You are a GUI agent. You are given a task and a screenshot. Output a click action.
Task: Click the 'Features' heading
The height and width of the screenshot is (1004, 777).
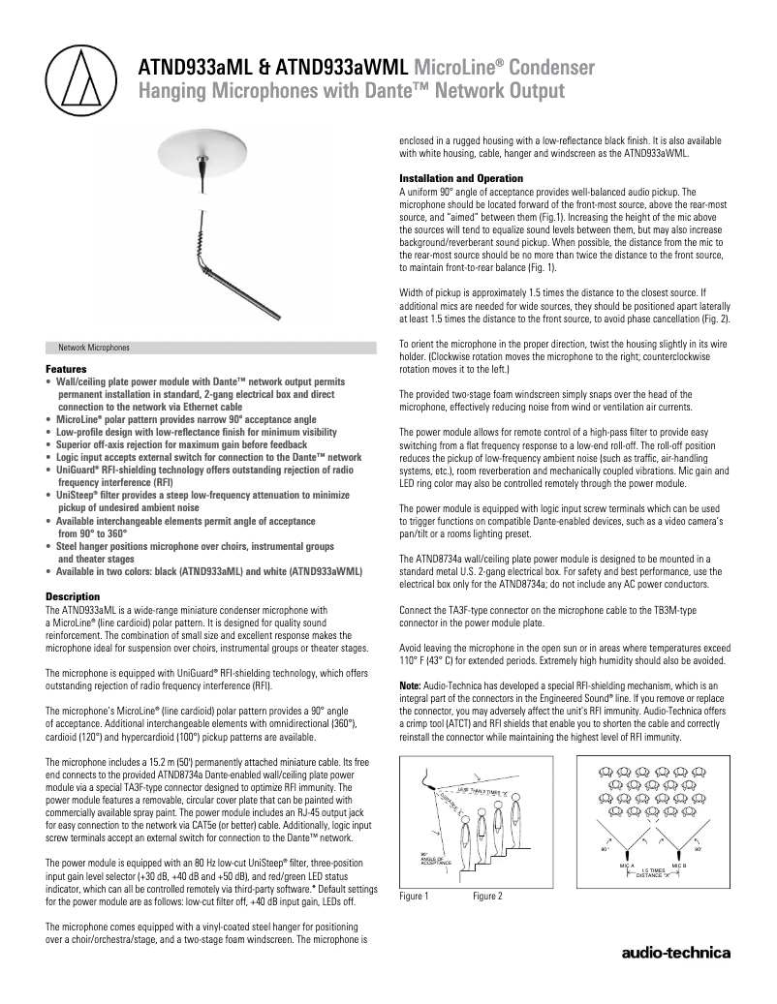(65, 370)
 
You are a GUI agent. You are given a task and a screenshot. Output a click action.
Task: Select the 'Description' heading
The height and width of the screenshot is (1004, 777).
(73, 595)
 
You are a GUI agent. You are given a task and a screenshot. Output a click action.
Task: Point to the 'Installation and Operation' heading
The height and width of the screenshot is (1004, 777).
(461, 178)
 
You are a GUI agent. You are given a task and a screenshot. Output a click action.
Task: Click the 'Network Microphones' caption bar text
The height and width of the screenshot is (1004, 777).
(94, 347)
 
